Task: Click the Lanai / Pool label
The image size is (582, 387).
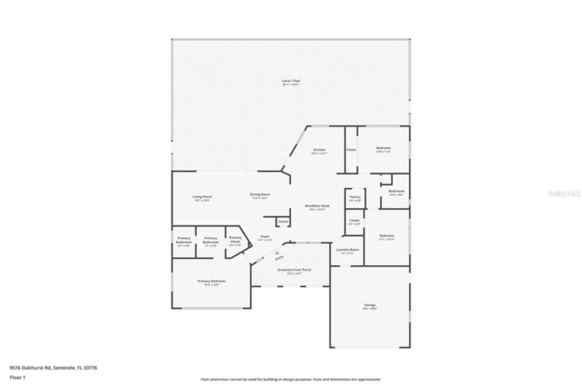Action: click(x=291, y=81)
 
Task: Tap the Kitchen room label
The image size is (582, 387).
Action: click(x=319, y=150)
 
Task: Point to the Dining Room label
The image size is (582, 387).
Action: click(x=260, y=194)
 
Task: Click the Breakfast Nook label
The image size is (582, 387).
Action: click(x=317, y=206)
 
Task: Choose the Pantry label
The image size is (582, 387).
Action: click(x=355, y=197)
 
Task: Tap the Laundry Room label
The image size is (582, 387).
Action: click(x=347, y=250)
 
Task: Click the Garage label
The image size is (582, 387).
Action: click(x=370, y=305)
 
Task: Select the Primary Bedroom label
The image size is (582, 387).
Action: click(x=211, y=281)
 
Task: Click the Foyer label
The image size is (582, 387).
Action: click(x=265, y=236)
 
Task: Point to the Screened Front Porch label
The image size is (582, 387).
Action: click(x=295, y=270)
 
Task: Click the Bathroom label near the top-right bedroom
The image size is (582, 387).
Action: click(x=396, y=191)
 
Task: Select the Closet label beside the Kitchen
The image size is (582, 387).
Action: click(x=351, y=149)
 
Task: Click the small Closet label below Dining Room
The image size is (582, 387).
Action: click(x=283, y=222)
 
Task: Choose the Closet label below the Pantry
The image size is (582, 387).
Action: click(x=355, y=220)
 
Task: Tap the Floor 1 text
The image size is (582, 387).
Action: click(x=18, y=377)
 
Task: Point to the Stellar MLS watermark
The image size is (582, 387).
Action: click(x=564, y=193)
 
